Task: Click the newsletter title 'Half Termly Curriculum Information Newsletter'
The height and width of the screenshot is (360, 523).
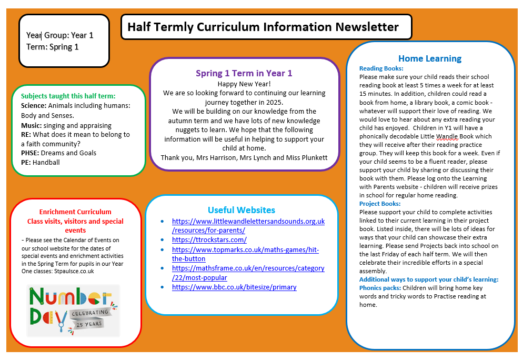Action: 263,27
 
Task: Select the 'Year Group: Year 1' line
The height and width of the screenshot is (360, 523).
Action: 60,35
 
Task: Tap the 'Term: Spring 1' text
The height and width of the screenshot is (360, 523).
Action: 53,47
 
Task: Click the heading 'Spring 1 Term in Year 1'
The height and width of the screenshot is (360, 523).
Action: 244,74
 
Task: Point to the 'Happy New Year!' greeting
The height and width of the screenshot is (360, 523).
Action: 244,84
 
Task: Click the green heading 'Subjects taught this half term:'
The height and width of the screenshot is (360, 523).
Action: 68,96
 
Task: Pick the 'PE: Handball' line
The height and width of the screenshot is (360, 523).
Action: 41,163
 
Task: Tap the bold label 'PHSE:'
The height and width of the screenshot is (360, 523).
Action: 30,153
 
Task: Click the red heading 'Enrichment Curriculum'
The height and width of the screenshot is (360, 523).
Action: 75,212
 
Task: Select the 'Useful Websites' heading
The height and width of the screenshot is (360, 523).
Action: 242,211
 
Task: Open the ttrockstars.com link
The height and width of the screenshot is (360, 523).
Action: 209,240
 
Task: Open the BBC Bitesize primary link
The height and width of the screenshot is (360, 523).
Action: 234,287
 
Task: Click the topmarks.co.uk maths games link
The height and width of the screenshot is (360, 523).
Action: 245,254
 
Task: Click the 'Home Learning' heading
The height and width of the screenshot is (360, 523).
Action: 430,58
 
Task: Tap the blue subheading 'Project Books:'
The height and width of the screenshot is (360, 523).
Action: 380,204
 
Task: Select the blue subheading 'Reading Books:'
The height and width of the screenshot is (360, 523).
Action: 381,68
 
